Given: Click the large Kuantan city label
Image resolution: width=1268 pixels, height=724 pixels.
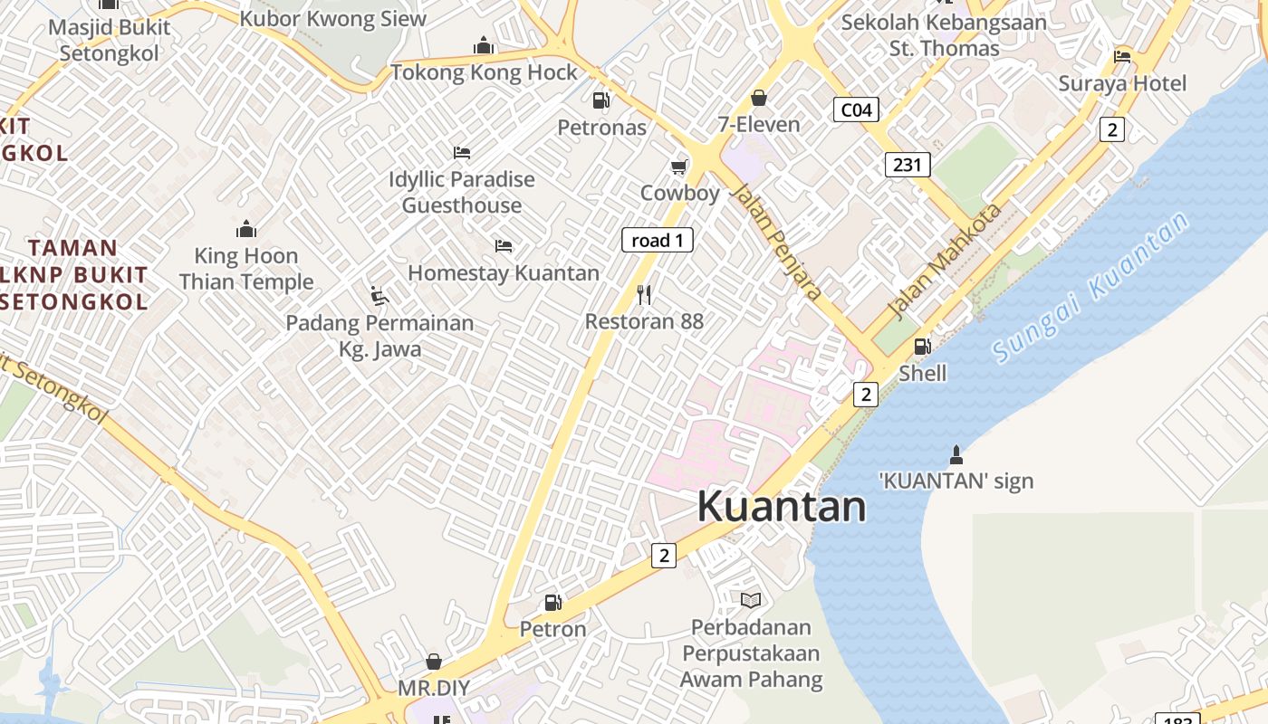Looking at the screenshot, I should [781, 506].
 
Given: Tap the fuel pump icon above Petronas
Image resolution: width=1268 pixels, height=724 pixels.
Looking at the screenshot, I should [600, 100].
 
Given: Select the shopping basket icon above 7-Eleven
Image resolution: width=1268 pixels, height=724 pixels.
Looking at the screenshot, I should [759, 98].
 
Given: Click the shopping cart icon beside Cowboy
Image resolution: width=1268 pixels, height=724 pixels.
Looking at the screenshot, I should [678, 167].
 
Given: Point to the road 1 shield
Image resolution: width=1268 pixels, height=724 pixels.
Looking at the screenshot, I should [658, 240].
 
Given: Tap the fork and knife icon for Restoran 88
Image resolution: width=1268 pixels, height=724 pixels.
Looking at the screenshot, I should [644, 294].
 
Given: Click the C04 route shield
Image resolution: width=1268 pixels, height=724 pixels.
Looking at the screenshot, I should [856, 110].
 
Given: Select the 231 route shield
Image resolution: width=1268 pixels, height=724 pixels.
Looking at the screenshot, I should [907, 164].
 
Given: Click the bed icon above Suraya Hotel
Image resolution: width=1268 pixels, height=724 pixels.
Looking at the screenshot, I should [1122, 57].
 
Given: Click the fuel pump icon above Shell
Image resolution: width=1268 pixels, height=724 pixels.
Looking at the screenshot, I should [922, 346].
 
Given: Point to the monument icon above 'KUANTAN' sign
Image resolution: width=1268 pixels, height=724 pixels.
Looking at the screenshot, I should [956, 453].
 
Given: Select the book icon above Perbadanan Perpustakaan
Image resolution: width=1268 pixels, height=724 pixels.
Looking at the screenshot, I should [751, 599].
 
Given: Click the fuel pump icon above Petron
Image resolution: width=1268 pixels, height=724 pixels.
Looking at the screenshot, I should [552, 602].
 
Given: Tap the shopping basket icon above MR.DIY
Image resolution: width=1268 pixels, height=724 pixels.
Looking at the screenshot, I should [434, 662].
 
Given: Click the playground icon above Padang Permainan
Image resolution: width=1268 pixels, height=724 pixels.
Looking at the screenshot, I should [379, 295].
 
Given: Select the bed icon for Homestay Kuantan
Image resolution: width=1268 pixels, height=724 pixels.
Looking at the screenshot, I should [504, 245].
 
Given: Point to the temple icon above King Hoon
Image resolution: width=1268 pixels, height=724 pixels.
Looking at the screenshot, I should [245, 228].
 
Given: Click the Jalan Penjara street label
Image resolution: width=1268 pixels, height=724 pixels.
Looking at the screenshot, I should [776, 242].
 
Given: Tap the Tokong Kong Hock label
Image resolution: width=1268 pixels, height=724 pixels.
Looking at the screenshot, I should [484, 72].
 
